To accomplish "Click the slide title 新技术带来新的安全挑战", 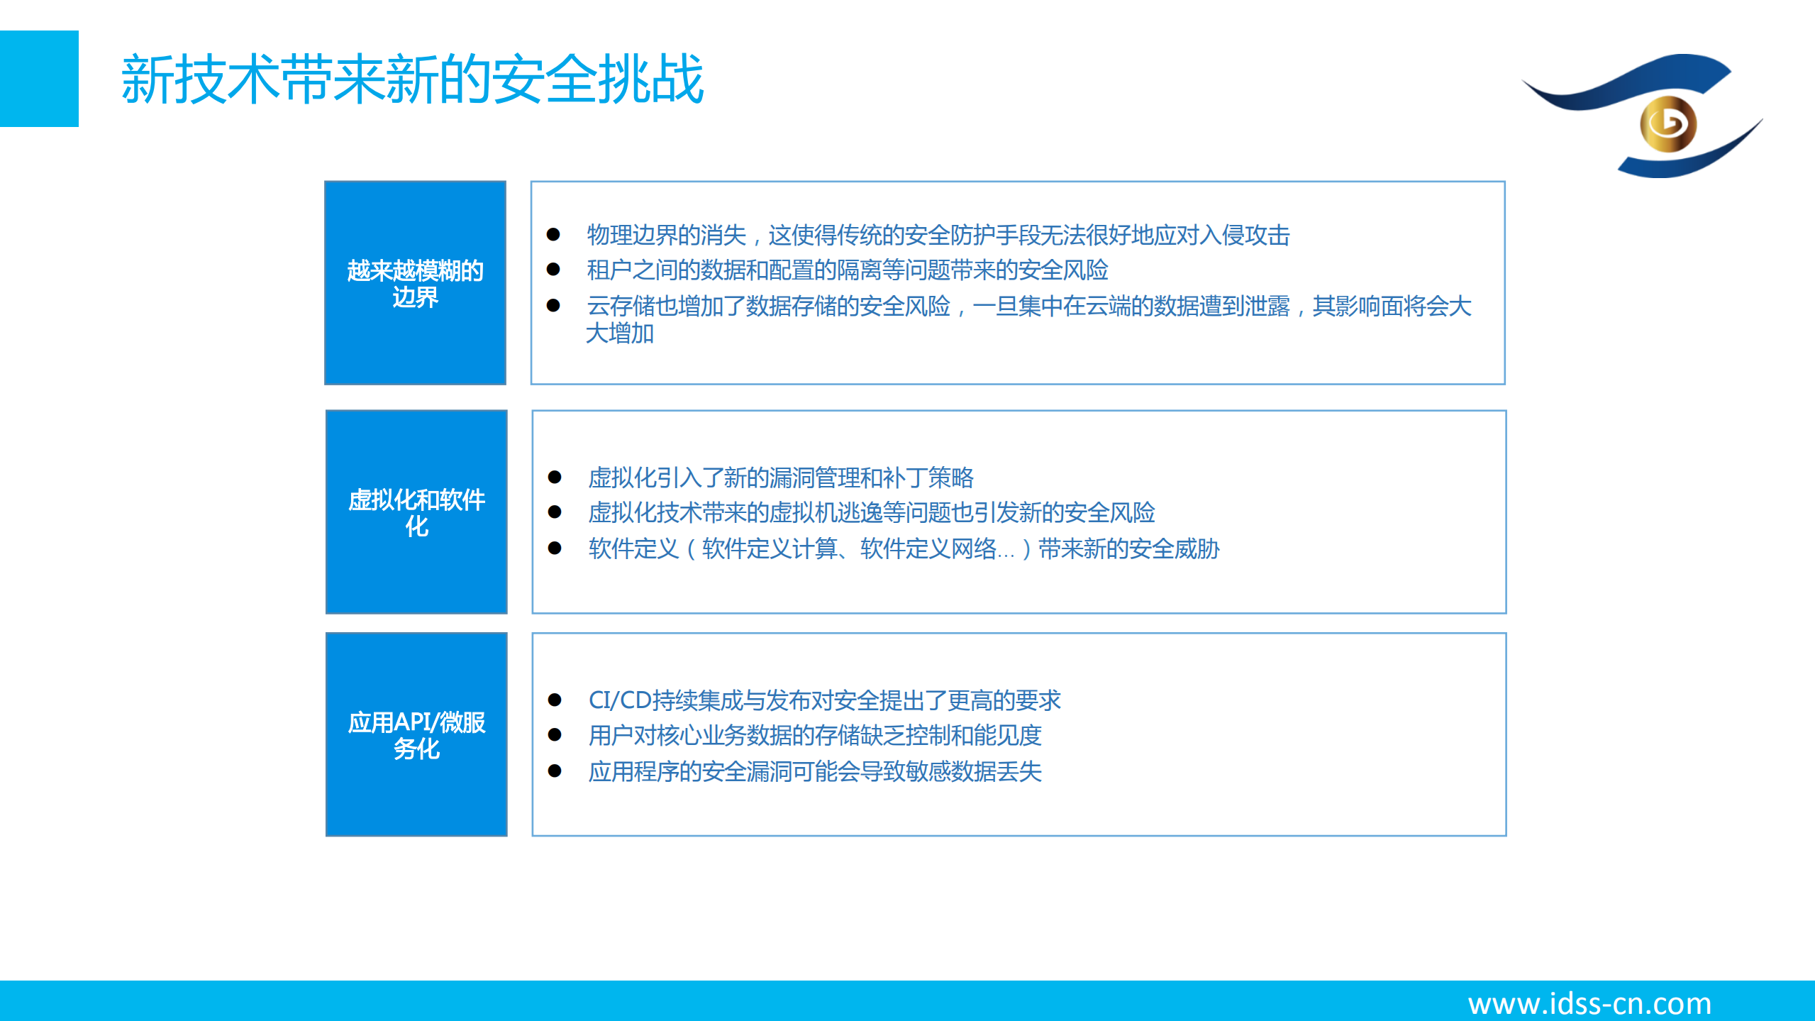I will click(x=411, y=79).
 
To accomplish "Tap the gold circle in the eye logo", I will click(x=1667, y=124).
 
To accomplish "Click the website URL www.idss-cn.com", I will click(x=1589, y=1003).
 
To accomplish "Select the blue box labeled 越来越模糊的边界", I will click(x=415, y=283).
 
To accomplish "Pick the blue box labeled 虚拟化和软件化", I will click(x=416, y=512).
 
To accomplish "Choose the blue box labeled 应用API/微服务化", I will click(x=416, y=734).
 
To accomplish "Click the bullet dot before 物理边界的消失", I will click(x=554, y=235).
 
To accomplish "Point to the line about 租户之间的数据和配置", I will click(x=847, y=270).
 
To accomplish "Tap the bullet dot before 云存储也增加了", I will click(x=554, y=306).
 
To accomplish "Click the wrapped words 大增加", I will click(x=620, y=333).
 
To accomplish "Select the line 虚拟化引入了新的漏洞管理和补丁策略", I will click(x=780, y=478).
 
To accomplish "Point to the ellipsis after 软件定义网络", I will click(x=1006, y=550).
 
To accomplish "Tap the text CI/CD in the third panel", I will click(x=619, y=700).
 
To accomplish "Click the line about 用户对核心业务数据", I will click(x=814, y=736).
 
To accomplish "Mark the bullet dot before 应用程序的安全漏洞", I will click(x=555, y=771).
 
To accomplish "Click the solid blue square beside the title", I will click(x=39, y=79).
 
